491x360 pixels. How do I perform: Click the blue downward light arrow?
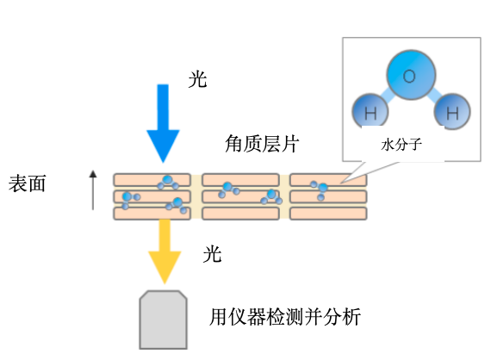(x=163, y=123)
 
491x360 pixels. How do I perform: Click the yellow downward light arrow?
(x=165, y=251)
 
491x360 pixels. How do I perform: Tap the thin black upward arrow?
(x=93, y=190)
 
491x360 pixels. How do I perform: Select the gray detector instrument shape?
(x=163, y=320)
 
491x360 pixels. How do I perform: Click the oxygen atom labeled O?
(x=411, y=75)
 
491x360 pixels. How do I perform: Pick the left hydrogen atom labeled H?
(x=370, y=111)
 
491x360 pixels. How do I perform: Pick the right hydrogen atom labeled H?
(x=452, y=111)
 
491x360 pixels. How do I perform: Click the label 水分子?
(x=401, y=145)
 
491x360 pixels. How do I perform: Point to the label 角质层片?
(x=262, y=144)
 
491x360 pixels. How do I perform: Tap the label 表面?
(x=28, y=183)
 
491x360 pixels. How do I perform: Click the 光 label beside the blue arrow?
(x=197, y=79)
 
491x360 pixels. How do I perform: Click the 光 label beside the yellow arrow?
(x=212, y=253)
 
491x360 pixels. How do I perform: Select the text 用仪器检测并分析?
(x=284, y=317)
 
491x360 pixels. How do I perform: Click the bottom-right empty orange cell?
(x=328, y=214)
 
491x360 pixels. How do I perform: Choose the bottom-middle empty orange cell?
(x=240, y=214)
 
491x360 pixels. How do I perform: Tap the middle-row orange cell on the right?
(x=328, y=197)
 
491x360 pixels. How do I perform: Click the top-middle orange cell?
(x=240, y=180)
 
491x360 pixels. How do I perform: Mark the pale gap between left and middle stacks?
(x=196, y=196)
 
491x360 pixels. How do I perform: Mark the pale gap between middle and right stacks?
(x=284, y=196)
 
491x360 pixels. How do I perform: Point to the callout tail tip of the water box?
(x=341, y=183)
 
